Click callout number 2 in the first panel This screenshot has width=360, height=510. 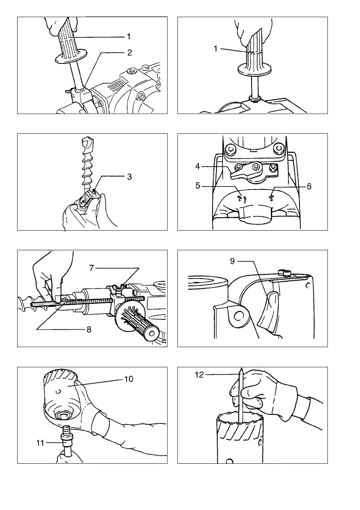pyautogui.click(x=129, y=53)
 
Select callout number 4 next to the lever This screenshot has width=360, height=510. pyautogui.click(x=198, y=167)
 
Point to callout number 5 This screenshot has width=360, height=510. pyautogui.click(x=198, y=186)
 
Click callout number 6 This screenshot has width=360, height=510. pyautogui.click(x=309, y=186)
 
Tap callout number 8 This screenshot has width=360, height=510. pyautogui.click(x=89, y=330)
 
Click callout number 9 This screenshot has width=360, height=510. pyautogui.click(x=232, y=261)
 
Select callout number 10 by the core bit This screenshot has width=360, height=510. pyautogui.click(x=129, y=379)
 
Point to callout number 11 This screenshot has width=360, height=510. pyautogui.click(x=40, y=443)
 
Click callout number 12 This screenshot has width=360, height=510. pyautogui.click(x=199, y=375)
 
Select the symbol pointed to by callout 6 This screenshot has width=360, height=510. pyautogui.click(x=271, y=198)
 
